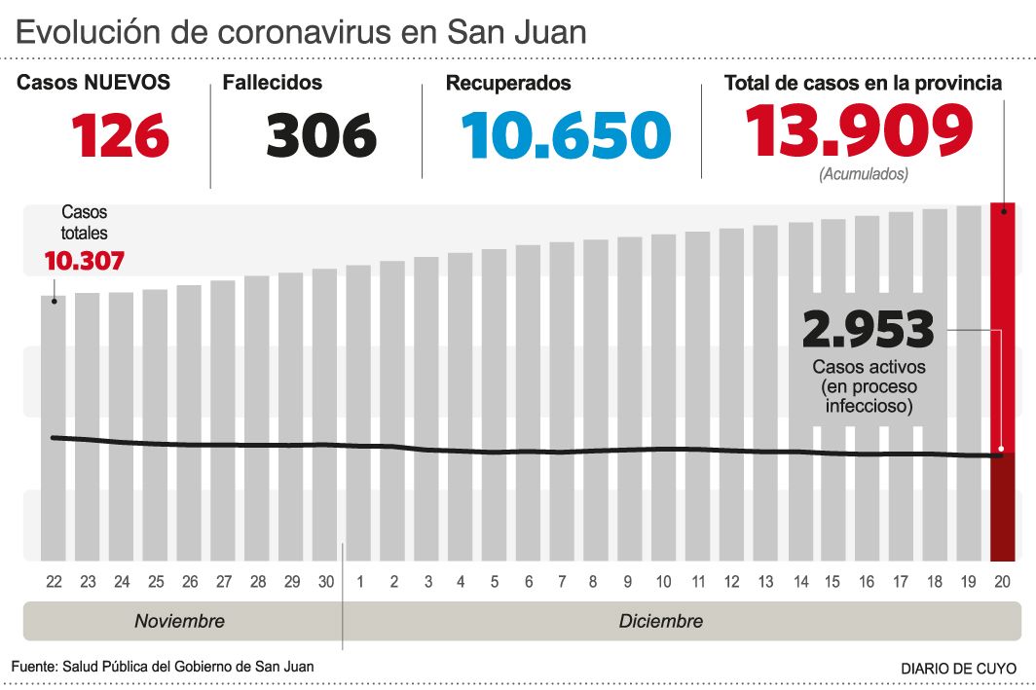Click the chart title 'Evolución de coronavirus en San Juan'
click(301, 33)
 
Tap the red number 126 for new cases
click(121, 134)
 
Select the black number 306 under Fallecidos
click(320, 134)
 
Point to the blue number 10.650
click(566, 134)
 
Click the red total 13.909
click(859, 131)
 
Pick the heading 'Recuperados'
click(508, 84)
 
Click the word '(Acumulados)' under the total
click(864, 175)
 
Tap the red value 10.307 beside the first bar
click(84, 261)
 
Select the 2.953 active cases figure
click(868, 329)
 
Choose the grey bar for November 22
click(54, 428)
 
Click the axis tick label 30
click(325, 582)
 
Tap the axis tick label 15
click(832, 582)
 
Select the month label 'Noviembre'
click(179, 621)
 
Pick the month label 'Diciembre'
click(660, 621)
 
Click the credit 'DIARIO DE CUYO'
click(958, 669)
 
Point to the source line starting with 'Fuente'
click(163, 667)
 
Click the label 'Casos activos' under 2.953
click(869, 368)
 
